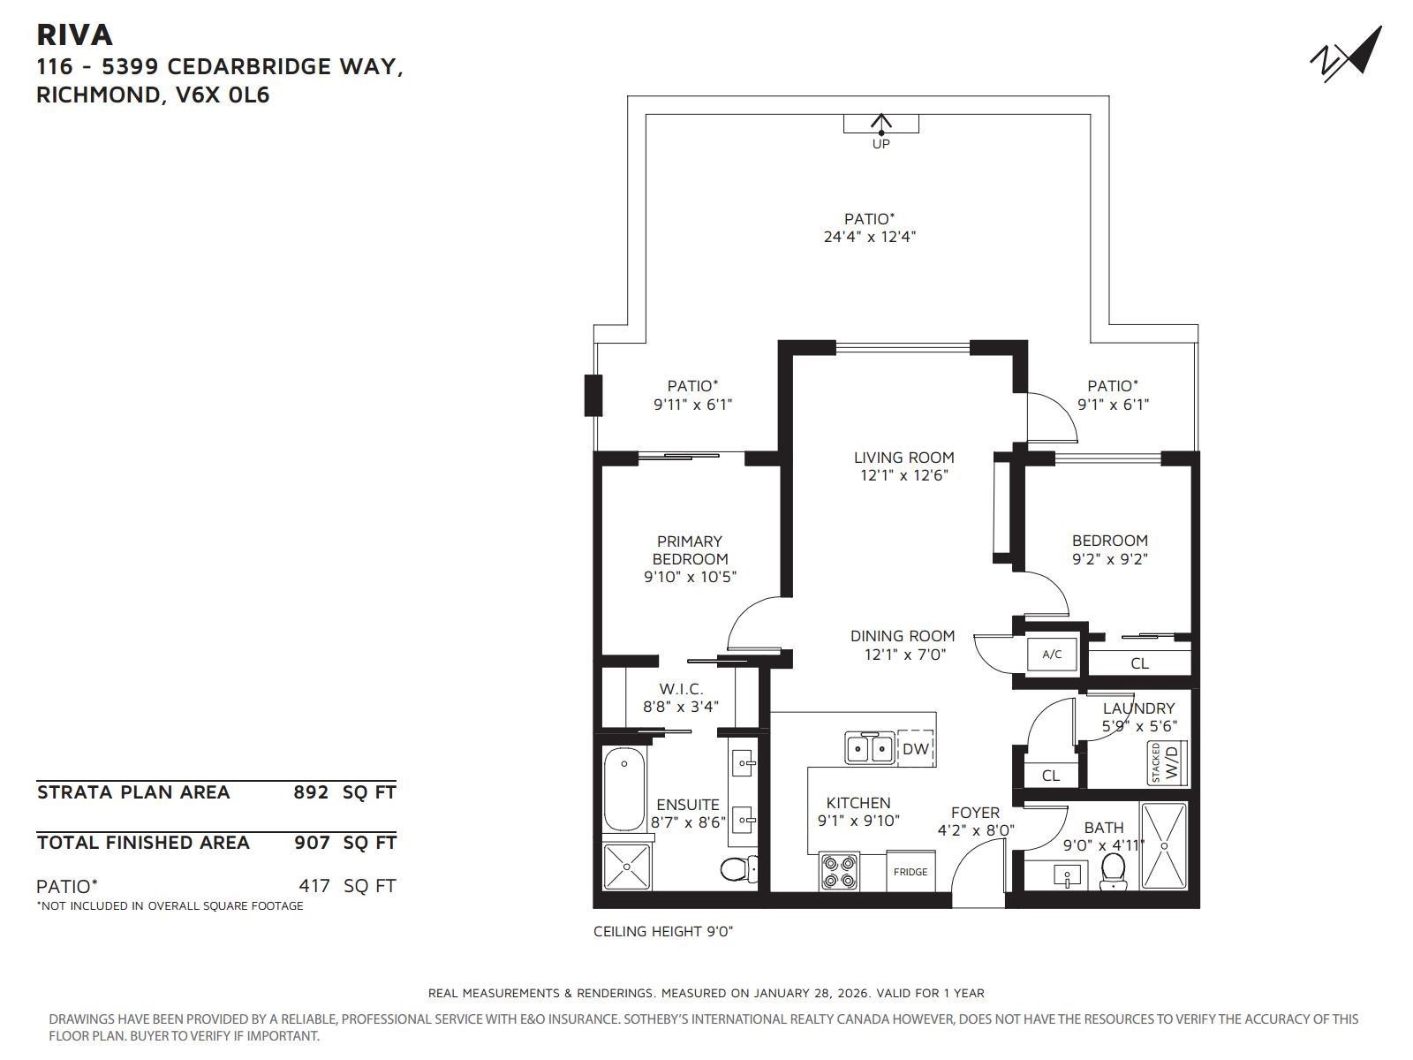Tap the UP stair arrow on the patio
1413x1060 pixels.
click(x=880, y=124)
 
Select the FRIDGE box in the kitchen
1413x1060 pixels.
click(x=911, y=872)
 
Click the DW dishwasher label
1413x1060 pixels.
click(x=916, y=748)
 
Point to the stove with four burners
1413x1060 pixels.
click(x=840, y=872)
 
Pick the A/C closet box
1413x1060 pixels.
click(x=1052, y=655)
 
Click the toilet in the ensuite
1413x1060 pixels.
click(x=739, y=869)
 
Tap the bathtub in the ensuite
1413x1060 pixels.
click(x=623, y=789)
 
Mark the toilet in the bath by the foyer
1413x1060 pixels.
click(x=1113, y=871)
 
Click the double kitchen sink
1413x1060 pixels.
click(x=870, y=748)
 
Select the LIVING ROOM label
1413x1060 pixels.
click(x=903, y=458)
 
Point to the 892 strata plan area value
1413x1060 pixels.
click(x=311, y=791)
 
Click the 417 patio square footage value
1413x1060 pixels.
click(x=314, y=886)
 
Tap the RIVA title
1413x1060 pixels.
click(x=75, y=34)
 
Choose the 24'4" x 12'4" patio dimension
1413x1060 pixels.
click(x=870, y=237)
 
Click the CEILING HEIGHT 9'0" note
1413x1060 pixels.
click(x=663, y=931)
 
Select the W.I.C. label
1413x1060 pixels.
click(x=681, y=689)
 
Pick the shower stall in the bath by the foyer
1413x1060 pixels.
click(x=1164, y=845)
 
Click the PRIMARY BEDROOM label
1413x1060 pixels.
click(x=690, y=549)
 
